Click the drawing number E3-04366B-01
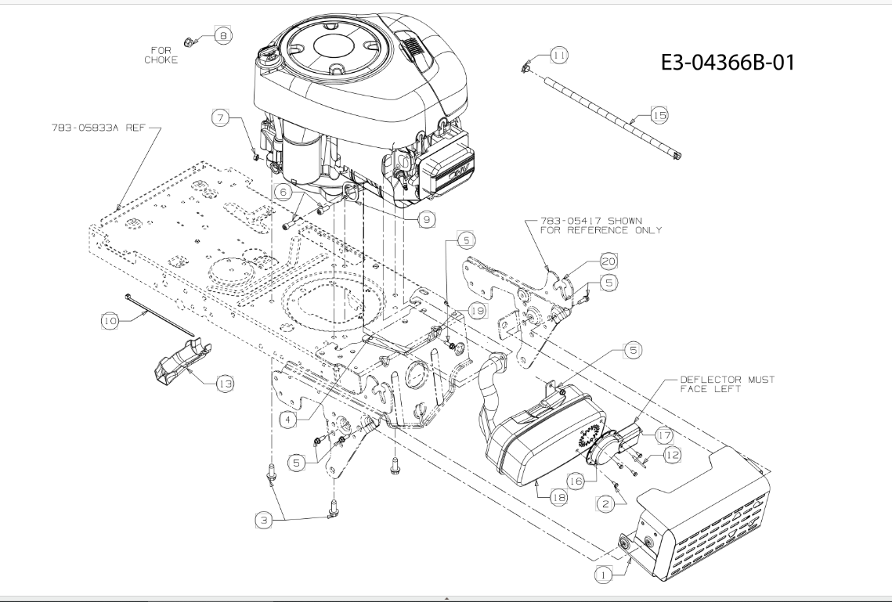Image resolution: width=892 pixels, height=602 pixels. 728,62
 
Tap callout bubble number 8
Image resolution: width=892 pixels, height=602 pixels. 223,36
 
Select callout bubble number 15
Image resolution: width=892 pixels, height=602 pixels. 659,115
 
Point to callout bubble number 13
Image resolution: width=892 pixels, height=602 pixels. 226,384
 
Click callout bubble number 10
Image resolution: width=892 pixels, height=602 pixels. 110,321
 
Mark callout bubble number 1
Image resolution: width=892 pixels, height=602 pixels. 604,575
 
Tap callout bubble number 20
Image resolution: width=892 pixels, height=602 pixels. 609,261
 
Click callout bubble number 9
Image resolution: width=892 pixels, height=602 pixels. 427,219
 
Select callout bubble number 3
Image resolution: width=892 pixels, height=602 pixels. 263,520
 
